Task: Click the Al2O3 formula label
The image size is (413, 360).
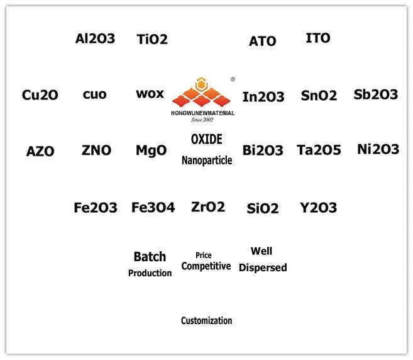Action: point(95,38)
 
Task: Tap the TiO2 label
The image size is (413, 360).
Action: point(152,39)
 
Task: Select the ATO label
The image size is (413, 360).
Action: point(262,41)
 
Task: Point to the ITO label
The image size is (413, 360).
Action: point(317,38)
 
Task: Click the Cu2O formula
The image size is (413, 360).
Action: point(40,95)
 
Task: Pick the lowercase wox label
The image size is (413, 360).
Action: point(150,94)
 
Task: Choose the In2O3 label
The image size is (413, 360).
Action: point(263,97)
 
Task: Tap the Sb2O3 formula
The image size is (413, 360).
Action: point(376,94)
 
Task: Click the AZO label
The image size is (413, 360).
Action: point(40,152)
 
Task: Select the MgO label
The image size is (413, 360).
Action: point(151,150)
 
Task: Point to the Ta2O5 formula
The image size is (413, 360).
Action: point(319,150)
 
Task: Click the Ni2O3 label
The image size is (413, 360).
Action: point(378,149)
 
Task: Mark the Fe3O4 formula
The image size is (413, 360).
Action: point(153,207)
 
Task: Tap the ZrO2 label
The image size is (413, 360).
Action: point(207,206)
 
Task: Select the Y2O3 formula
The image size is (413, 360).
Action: point(318,207)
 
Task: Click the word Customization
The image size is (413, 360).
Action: point(206,320)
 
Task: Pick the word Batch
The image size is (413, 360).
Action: point(150,257)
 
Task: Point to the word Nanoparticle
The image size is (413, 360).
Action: point(207,160)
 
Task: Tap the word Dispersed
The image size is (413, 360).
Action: point(263,267)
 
